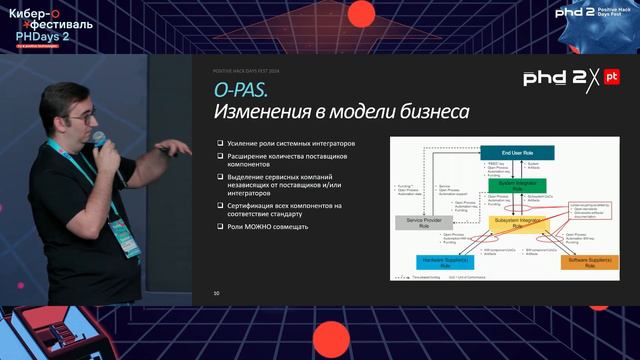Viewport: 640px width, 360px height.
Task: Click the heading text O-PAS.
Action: (x=240, y=90)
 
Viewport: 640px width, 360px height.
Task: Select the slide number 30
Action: (x=216, y=293)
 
